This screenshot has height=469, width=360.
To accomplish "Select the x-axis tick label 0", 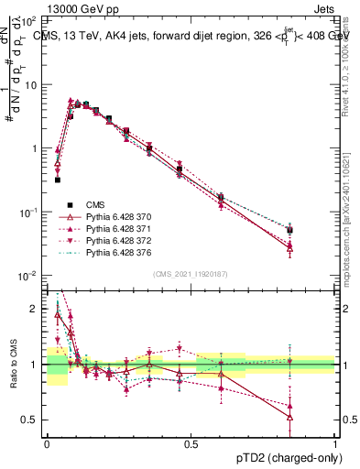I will [46, 442].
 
